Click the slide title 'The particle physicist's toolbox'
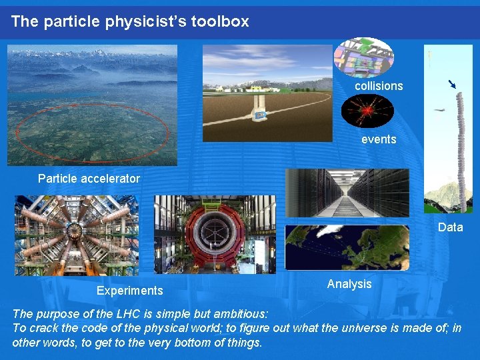point(130,21)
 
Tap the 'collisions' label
point(379,86)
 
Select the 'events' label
point(379,139)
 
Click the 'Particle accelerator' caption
point(89,178)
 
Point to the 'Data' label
point(450,227)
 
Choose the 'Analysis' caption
point(349,284)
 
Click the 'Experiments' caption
point(129,290)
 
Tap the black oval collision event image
point(367,111)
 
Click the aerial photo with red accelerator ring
point(93,105)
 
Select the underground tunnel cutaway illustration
point(267,93)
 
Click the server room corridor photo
point(347,193)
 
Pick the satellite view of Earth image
point(347,247)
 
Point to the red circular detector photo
point(215,235)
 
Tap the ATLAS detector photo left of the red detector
point(77,235)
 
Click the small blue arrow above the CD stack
point(452,84)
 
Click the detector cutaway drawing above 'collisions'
point(364,57)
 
